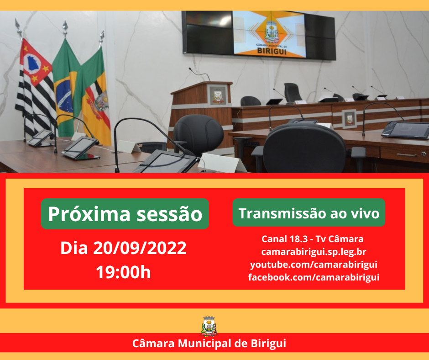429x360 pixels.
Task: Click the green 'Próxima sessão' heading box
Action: point(125,214)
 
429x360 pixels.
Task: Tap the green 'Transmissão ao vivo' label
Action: point(309,212)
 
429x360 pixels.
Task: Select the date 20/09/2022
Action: point(140,248)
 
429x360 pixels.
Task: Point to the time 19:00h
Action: point(123,272)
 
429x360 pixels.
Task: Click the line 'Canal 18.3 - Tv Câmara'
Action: point(313,239)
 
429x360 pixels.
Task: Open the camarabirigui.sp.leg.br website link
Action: point(314,252)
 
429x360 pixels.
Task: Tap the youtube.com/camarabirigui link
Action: point(314,265)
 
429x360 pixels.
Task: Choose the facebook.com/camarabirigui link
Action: point(314,277)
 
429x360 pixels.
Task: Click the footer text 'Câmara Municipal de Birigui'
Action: point(209,343)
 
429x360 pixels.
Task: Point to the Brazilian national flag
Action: point(65,88)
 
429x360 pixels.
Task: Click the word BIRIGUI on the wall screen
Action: point(272,51)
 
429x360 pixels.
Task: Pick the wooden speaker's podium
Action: point(201,112)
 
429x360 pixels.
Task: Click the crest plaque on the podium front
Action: point(218,95)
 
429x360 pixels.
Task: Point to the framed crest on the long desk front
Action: point(350,119)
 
